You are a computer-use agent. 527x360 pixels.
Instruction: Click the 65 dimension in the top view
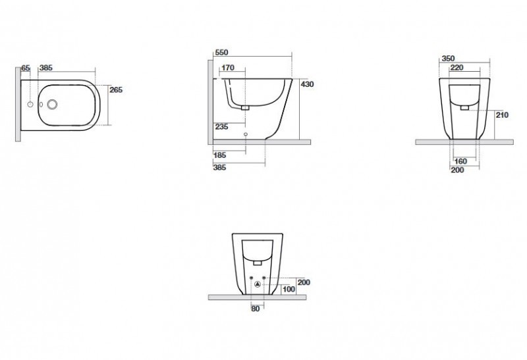(26, 68)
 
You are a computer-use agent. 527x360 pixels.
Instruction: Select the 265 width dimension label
(116, 90)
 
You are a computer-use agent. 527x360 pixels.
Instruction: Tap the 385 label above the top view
(46, 68)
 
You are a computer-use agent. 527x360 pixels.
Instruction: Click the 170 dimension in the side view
(229, 68)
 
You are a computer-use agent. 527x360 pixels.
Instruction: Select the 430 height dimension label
(308, 84)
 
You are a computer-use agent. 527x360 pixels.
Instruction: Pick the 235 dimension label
(221, 127)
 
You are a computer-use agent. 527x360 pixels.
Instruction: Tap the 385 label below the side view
(221, 168)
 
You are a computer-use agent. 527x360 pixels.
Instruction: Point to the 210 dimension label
(502, 115)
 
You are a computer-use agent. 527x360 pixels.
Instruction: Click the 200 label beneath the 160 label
(457, 170)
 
